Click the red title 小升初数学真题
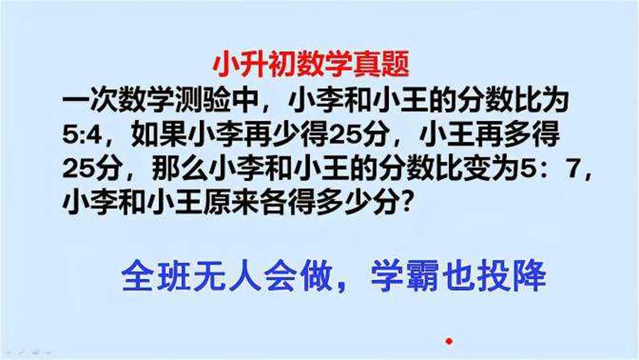coord(310,65)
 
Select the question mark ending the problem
coord(407,204)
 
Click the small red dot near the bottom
coord(449,341)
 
